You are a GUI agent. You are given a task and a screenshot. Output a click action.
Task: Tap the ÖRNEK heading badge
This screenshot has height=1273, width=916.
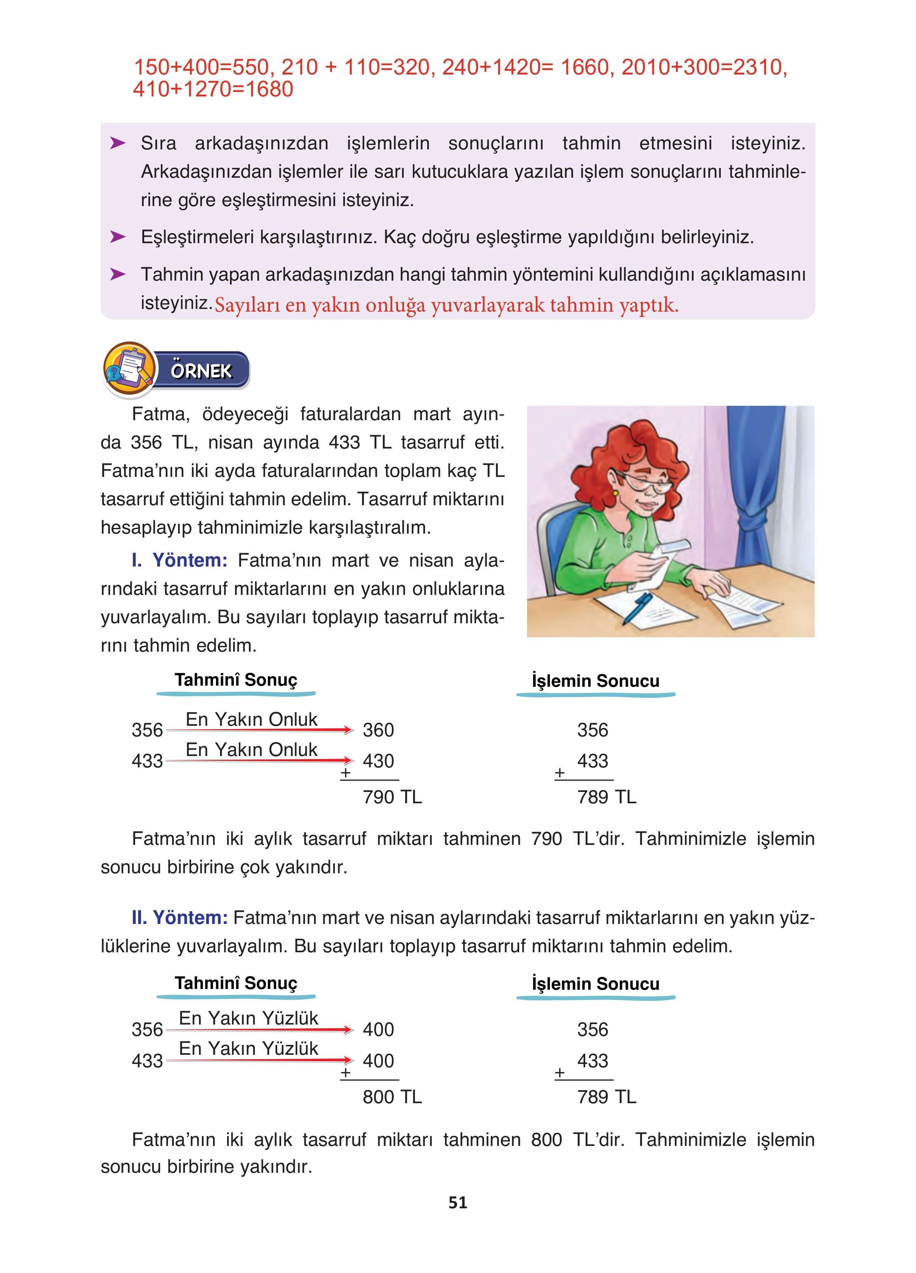[x=201, y=371]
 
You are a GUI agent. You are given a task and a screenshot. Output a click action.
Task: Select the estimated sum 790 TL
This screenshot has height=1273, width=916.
[x=392, y=796]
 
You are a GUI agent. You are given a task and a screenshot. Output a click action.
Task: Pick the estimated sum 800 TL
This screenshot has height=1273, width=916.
[x=392, y=1096]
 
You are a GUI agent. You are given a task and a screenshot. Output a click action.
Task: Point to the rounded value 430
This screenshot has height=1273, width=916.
[x=378, y=761]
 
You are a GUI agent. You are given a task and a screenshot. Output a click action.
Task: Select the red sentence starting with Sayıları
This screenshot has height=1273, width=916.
[x=446, y=305]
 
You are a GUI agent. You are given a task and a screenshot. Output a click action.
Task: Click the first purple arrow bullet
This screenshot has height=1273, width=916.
[x=117, y=143]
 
